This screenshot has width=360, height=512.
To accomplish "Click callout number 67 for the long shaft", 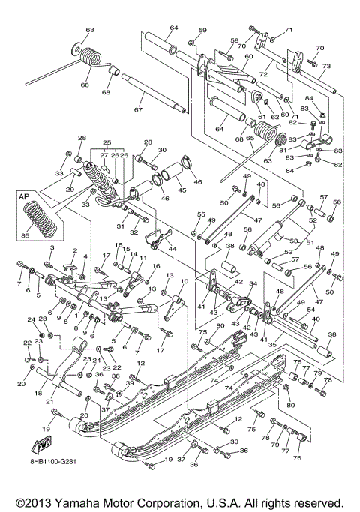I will [x=137, y=110].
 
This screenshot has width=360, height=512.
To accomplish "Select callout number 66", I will [x=83, y=85].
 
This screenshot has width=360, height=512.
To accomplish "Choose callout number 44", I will [x=172, y=247].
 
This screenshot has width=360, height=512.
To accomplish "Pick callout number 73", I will [x=326, y=66].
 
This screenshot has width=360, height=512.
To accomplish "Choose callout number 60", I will [x=248, y=57].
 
